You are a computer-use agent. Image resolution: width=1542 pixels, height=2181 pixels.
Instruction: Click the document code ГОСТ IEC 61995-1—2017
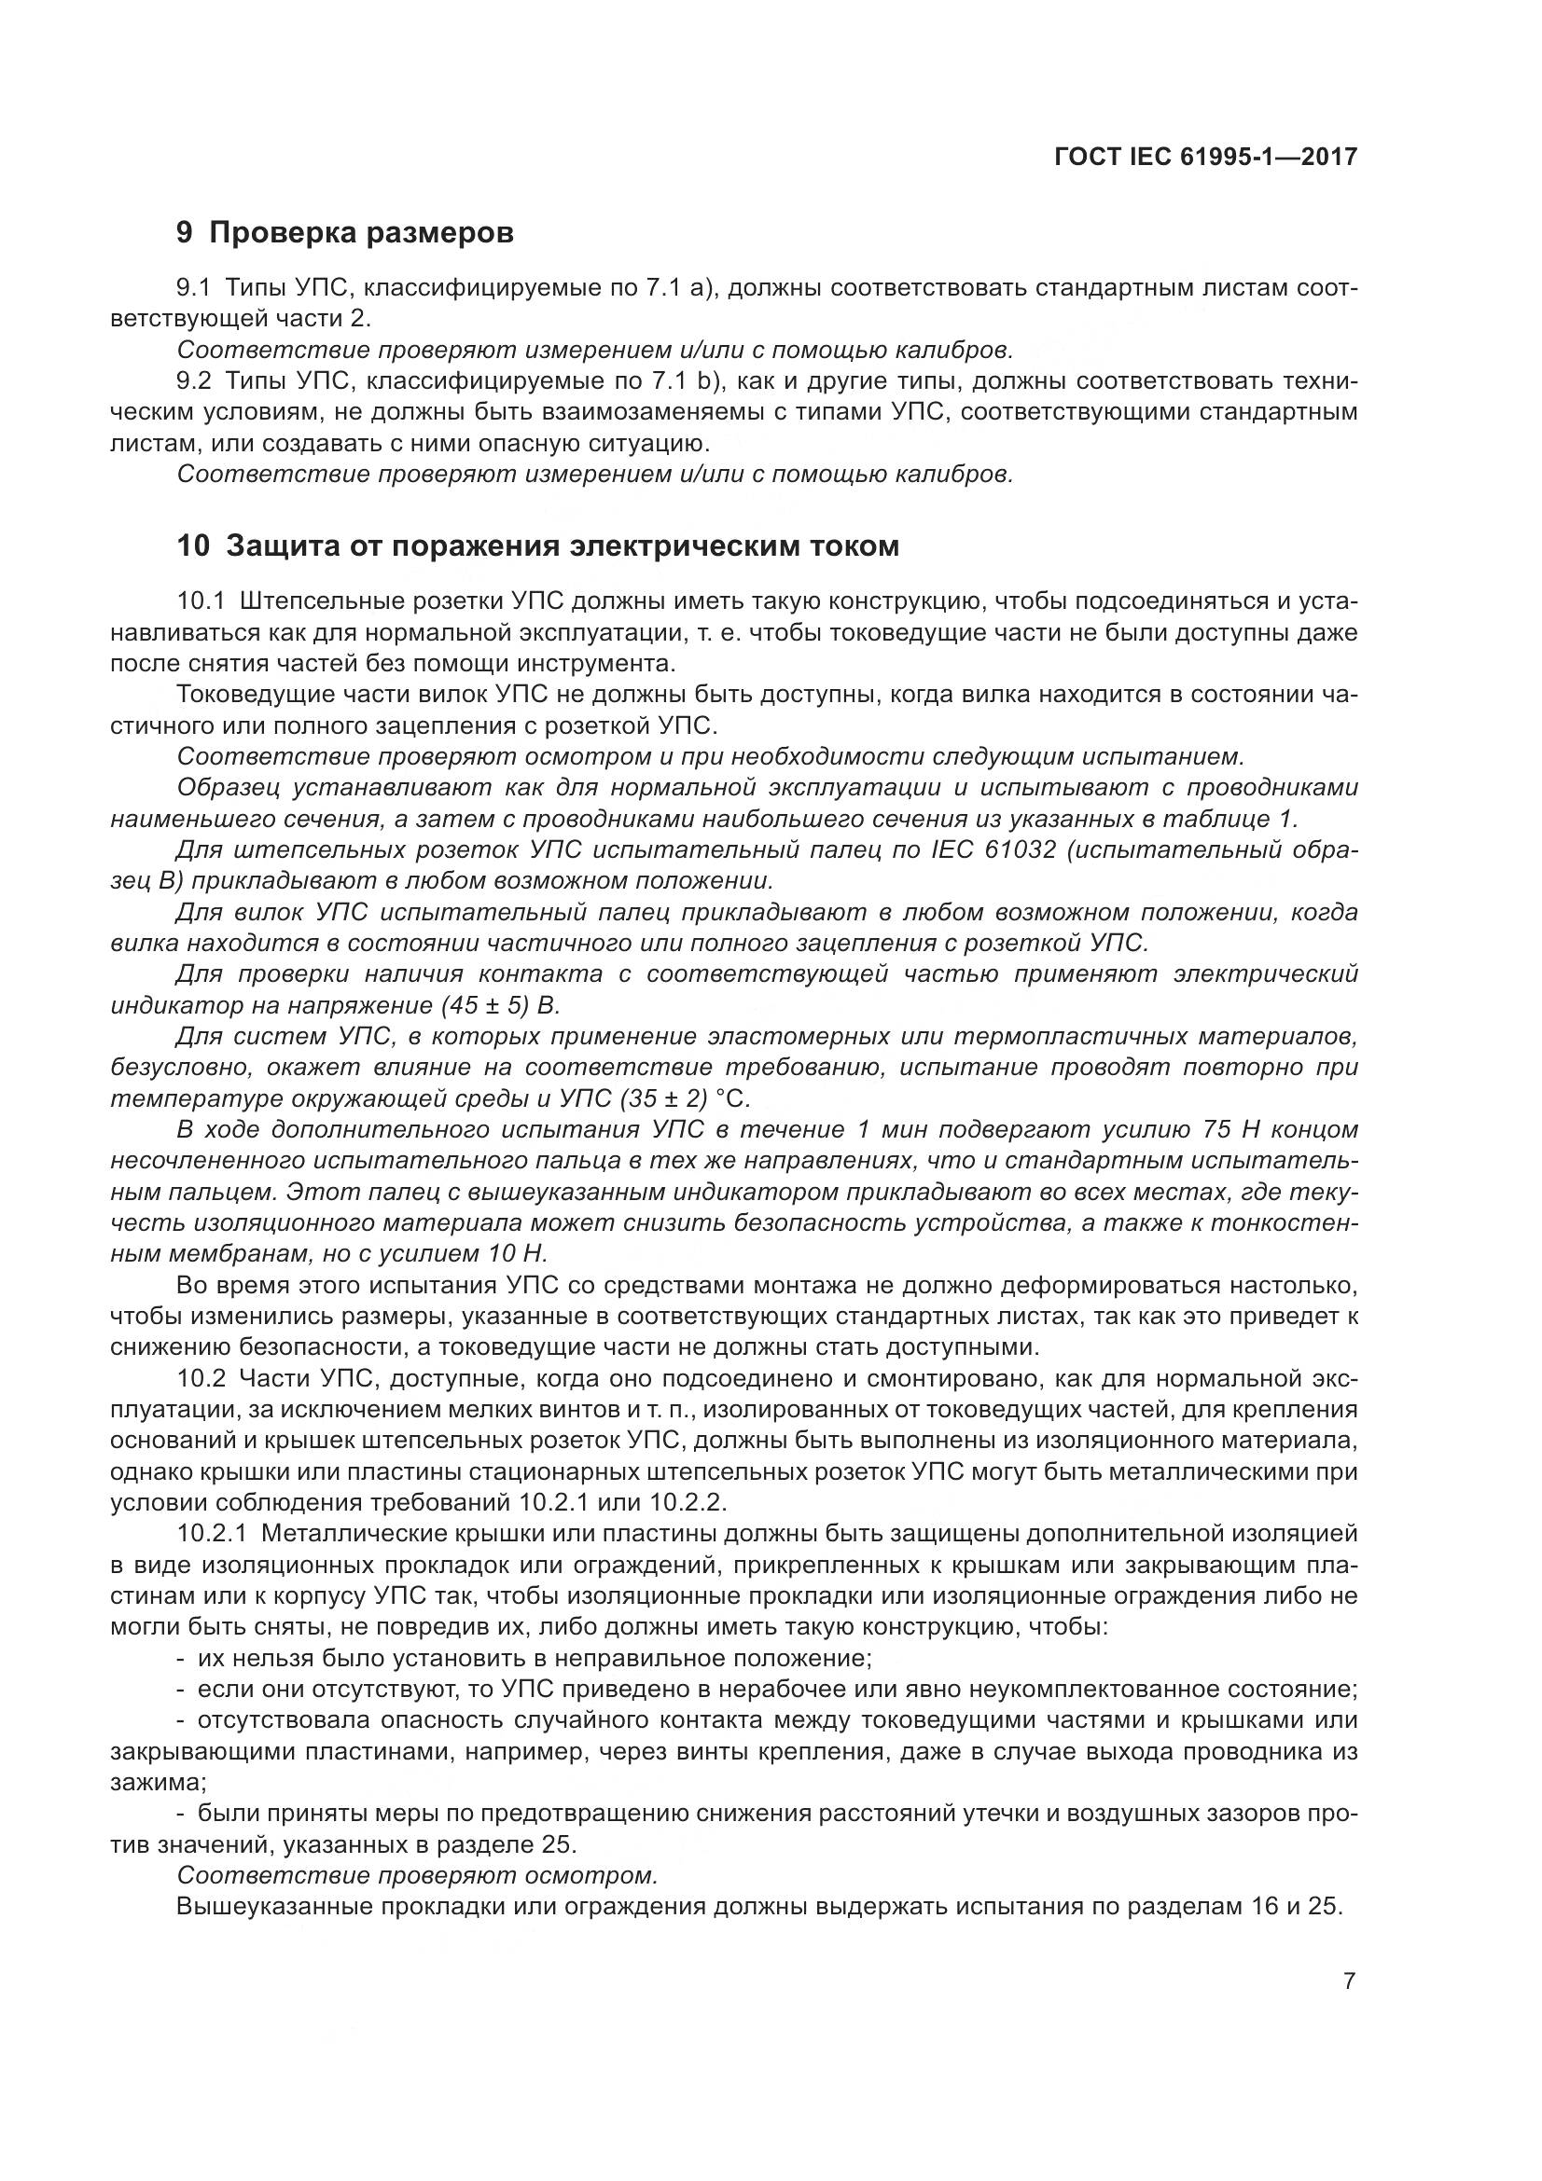tap(1204, 158)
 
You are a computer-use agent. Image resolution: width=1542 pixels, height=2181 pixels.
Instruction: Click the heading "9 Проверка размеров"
tap(345, 232)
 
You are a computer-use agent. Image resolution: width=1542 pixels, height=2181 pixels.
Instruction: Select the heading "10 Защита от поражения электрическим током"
tap(537, 546)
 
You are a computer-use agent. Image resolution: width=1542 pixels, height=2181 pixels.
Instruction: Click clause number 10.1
tap(203, 601)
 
